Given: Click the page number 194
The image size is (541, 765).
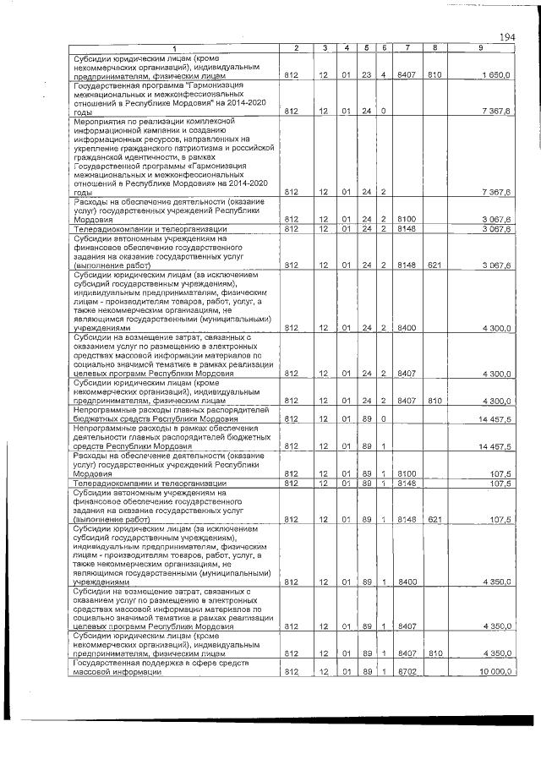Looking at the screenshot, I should [x=507, y=36].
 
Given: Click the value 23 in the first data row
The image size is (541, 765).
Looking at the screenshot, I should [x=368, y=75].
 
